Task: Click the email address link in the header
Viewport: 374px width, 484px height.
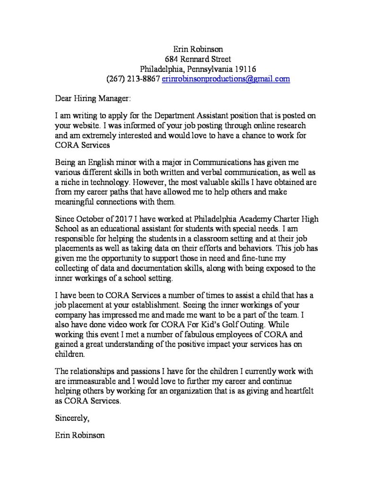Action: (226, 79)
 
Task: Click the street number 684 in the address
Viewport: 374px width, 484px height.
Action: (171, 59)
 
